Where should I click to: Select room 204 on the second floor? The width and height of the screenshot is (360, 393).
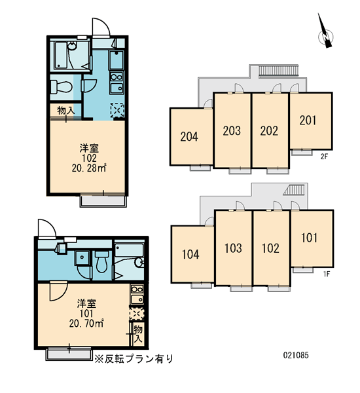191,137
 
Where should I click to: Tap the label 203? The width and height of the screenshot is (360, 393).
232,130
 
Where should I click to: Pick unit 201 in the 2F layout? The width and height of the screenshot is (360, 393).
311,121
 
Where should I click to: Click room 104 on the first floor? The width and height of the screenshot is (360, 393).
192,254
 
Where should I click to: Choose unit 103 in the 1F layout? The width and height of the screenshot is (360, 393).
234,248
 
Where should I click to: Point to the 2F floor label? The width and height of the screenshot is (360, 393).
324,157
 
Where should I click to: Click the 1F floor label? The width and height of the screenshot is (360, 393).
326,274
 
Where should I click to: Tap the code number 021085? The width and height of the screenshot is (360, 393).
296,355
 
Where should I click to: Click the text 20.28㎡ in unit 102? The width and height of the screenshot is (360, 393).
89,168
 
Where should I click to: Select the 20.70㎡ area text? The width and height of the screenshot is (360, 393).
86,324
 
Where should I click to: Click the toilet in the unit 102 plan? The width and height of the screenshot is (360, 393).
61,86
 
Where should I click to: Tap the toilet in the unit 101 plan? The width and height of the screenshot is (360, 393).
101,261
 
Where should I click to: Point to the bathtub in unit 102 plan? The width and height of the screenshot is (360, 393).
60,55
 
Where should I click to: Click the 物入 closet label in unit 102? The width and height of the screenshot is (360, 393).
66,110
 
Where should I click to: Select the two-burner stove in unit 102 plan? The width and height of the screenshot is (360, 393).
117,77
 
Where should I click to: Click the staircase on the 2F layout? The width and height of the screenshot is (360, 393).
279,71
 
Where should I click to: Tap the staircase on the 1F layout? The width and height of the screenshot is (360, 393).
295,190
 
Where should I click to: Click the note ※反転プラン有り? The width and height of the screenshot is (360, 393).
134,359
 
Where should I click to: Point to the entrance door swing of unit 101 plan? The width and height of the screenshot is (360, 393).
47,227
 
